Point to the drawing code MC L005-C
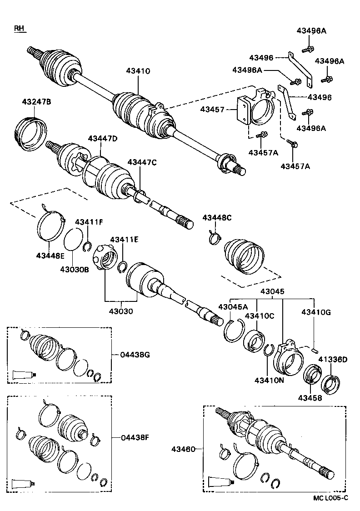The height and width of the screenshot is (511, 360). pyautogui.click(x=330, y=497)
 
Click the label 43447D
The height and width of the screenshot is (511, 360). pyautogui.click(x=103, y=139)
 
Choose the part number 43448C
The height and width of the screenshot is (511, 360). pyautogui.click(x=217, y=218)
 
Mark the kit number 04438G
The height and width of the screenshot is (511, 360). pyautogui.click(x=135, y=355)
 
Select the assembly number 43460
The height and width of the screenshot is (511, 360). pyautogui.click(x=183, y=449)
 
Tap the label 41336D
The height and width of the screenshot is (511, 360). pyautogui.click(x=332, y=360)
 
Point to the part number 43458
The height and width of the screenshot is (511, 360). pyautogui.click(x=310, y=398)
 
